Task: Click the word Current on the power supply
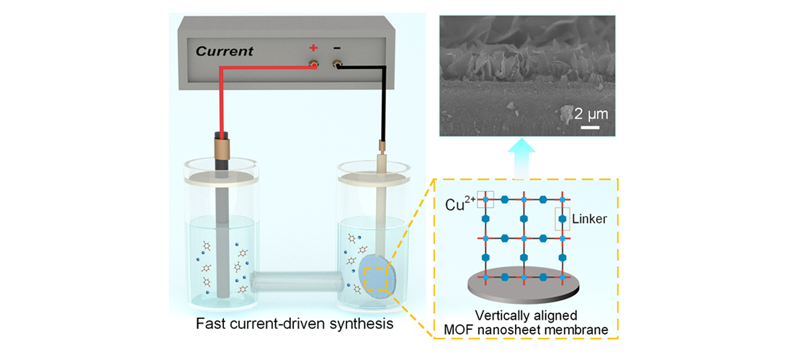tap(225, 51)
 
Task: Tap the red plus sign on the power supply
tap(313, 48)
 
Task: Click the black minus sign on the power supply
tap(336, 48)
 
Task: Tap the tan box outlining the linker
tap(561, 220)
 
